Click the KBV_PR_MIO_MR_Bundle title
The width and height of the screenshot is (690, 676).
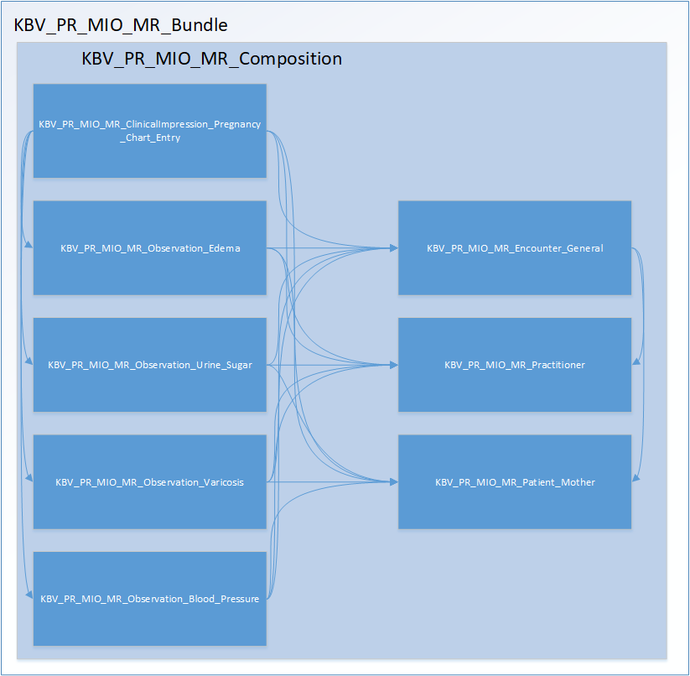pos(121,24)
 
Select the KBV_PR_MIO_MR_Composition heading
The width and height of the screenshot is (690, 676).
pos(211,59)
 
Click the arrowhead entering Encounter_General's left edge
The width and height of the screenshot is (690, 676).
pos(394,248)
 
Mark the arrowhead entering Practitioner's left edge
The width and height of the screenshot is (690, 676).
pos(394,365)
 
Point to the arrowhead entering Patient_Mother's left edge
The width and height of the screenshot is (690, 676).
pos(394,482)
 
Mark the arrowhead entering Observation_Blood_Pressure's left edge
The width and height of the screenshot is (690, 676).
pos(30,598)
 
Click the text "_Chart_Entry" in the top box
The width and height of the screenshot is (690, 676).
pos(150,138)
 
